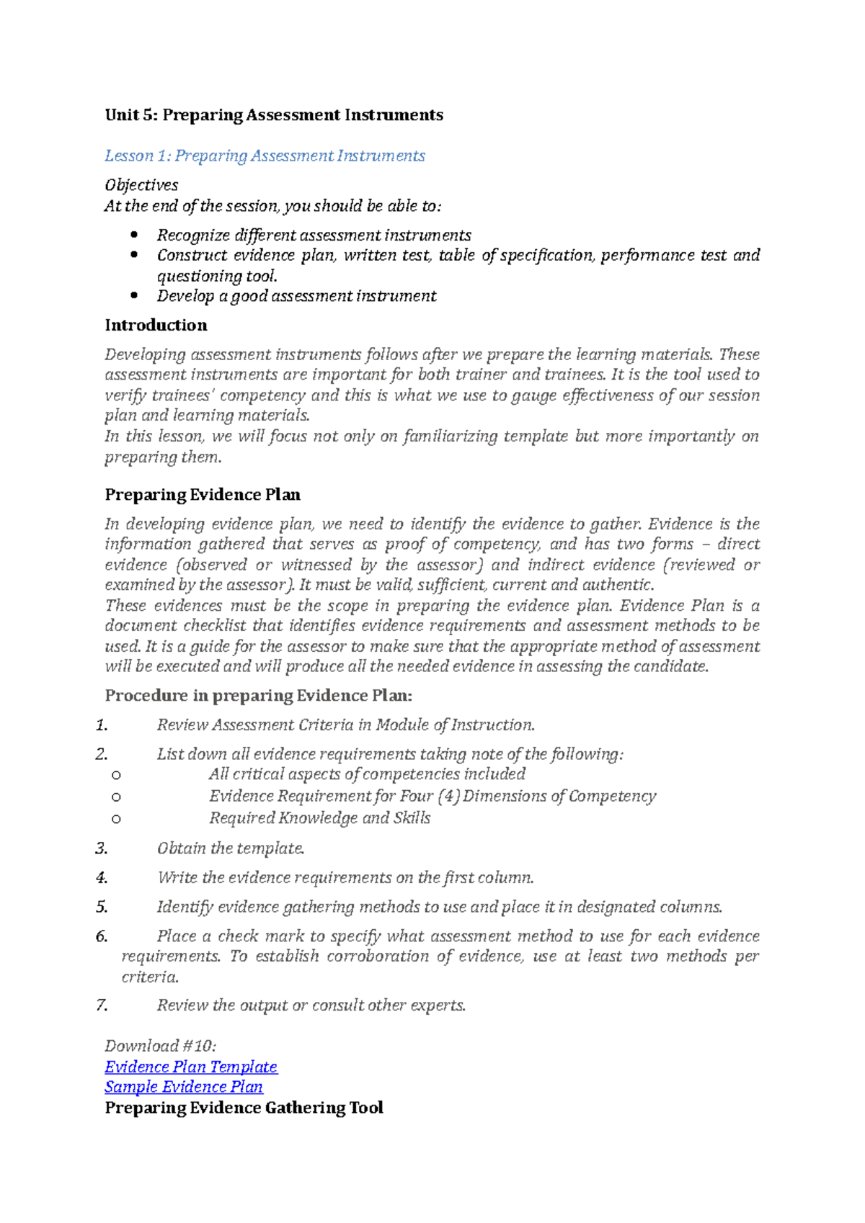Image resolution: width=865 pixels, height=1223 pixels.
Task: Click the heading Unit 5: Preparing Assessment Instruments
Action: (x=274, y=115)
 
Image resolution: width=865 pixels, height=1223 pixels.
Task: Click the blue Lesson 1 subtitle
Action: (x=265, y=156)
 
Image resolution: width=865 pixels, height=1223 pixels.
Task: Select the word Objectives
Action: (x=141, y=185)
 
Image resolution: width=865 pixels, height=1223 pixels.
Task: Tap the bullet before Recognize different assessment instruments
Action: (x=133, y=235)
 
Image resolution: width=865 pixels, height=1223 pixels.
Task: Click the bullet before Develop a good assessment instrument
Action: (x=133, y=295)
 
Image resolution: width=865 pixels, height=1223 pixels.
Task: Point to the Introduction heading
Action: (x=156, y=326)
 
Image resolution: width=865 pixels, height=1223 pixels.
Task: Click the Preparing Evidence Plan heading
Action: (x=203, y=495)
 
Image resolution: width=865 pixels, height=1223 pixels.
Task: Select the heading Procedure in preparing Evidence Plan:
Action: (x=259, y=696)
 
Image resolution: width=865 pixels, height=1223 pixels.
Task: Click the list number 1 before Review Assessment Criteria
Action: (x=102, y=725)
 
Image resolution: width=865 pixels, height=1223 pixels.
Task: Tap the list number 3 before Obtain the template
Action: (x=102, y=848)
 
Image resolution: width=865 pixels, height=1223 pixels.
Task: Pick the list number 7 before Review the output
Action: (x=102, y=1005)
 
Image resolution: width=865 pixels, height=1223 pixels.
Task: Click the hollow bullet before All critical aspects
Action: (x=116, y=776)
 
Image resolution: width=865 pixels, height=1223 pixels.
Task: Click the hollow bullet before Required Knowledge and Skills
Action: (x=116, y=819)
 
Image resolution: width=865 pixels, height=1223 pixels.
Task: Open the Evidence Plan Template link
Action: (x=191, y=1067)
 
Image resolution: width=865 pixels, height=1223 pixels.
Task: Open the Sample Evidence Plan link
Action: (x=184, y=1087)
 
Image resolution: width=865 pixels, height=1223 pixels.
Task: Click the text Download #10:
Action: (x=160, y=1047)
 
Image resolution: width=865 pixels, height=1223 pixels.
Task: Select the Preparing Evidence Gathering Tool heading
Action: (x=244, y=1108)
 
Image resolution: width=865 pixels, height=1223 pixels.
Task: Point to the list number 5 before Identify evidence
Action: (x=102, y=908)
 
